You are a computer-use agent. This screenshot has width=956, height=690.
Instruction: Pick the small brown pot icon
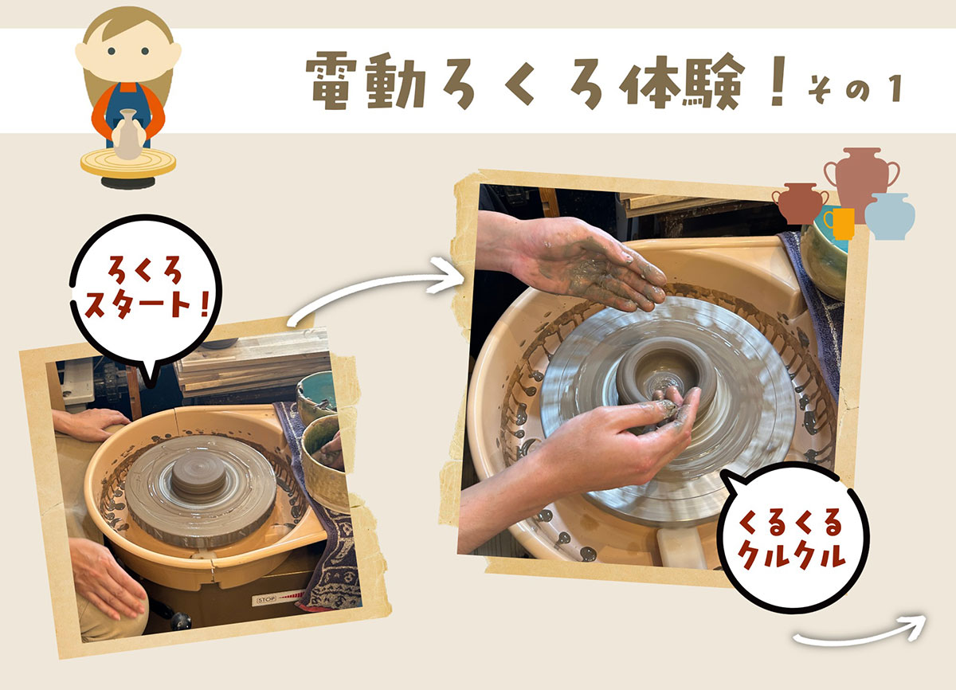pyautogui.click(x=797, y=204)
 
